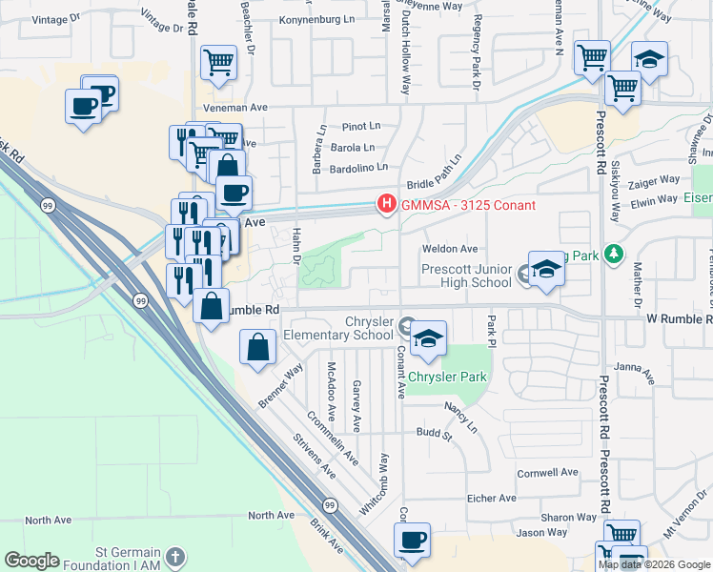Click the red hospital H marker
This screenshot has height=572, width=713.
click(x=386, y=204)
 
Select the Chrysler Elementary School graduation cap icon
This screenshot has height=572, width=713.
click(x=429, y=340)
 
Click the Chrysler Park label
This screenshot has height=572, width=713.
click(x=447, y=377)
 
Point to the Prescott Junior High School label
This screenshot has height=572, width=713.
click(x=467, y=276)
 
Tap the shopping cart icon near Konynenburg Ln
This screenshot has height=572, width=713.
click(x=218, y=64)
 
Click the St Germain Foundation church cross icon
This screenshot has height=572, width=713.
click(x=173, y=556)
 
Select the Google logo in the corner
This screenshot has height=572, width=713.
click(x=31, y=561)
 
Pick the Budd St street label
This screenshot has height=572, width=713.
click(x=433, y=432)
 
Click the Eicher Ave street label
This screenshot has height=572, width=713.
click(x=491, y=498)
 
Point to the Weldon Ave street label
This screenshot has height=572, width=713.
click(x=449, y=249)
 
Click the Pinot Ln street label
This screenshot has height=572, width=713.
click(x=361, y=126)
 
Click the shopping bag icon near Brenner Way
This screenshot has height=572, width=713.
click(x=258, y=348)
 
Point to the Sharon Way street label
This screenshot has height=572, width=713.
click(x=568, y=517)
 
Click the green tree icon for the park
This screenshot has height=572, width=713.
click(x=613, y=255)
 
